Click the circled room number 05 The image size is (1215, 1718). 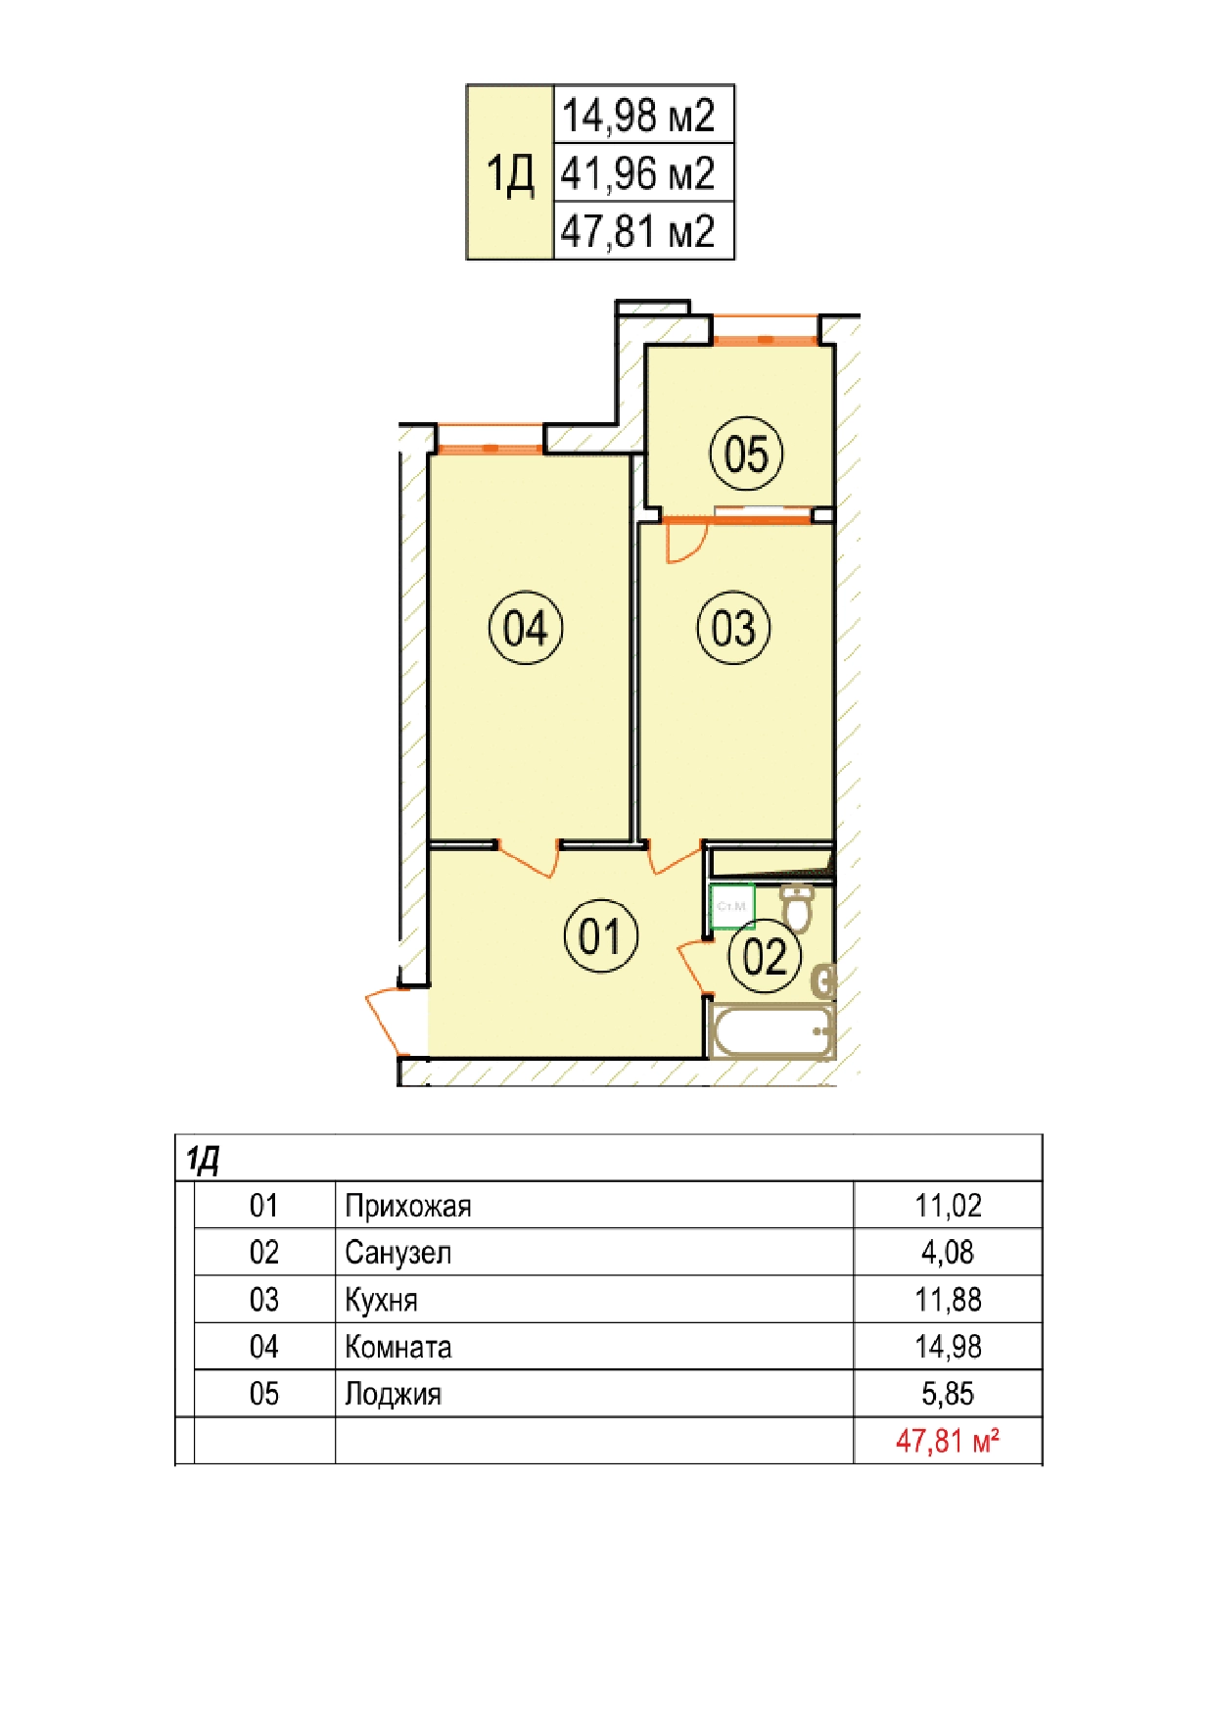click(x=746, y=453)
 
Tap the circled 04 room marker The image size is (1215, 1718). click(x=526, y=628)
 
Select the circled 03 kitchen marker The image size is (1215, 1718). click(x=733, y=628)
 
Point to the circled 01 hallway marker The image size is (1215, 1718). click(x=601, y=935)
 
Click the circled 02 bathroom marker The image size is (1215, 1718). click(x=765, y=957)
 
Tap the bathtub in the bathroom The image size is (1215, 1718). click(x=771, y=1030)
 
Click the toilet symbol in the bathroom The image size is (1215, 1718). click(x=798, y=907)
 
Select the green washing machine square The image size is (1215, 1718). click(x=732, y=906)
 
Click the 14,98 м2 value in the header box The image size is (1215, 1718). click(x=638, y=116)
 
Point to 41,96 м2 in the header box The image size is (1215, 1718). click(x=638, y=173)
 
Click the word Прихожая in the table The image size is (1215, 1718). click(x=408, y=1206)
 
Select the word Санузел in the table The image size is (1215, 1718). click(x=398, y=1253)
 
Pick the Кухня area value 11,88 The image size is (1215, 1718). click(x=948, y=1300)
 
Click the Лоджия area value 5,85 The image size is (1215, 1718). click(x=948, y=1394)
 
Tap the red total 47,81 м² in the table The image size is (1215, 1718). click(x=948, y=1441)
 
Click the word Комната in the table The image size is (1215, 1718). click(x=398, y=1347)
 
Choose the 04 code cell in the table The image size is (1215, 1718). click(x=264, y=1347)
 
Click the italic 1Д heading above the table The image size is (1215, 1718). click(x=203, y=1161)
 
